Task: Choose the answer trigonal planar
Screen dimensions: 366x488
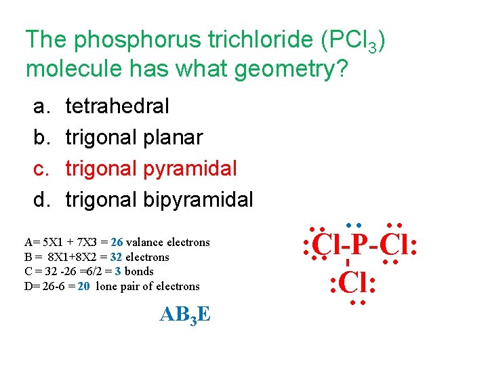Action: [134, 138]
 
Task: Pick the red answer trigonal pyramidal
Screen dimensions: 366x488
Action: [150, 169]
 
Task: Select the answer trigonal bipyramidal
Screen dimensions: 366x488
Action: [159, 200]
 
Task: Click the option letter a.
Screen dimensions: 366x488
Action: [40, 106]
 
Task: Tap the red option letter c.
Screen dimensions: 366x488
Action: [40, 169]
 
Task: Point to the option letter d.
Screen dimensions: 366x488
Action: [40, 200]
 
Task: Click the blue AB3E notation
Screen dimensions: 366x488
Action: [184, 314]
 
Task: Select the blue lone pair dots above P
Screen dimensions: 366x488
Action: [352, 224]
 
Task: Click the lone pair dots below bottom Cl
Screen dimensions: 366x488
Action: [357, 302]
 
